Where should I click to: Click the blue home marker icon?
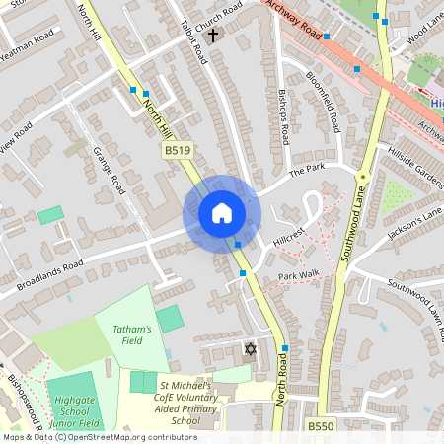tap(222, 212)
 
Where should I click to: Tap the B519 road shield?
tap(176, 149)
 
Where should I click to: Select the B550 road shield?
tap(319, 426)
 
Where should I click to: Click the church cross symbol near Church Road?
tap(213, 36)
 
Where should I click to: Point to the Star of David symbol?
tap(250, 350)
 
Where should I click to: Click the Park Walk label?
tap(298, 276)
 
